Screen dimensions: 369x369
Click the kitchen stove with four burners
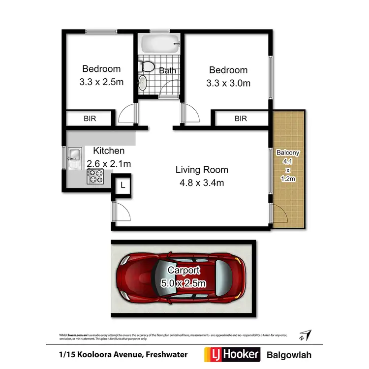95,176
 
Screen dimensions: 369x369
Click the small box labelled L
123,185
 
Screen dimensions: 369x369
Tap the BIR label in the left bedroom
90,119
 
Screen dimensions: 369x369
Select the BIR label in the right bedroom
241,119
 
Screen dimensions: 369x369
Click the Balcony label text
287,153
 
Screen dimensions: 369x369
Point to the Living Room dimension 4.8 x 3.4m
202,183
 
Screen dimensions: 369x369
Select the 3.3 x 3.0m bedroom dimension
228,83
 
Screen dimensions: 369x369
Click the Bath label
167,70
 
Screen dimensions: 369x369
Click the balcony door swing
280,214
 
